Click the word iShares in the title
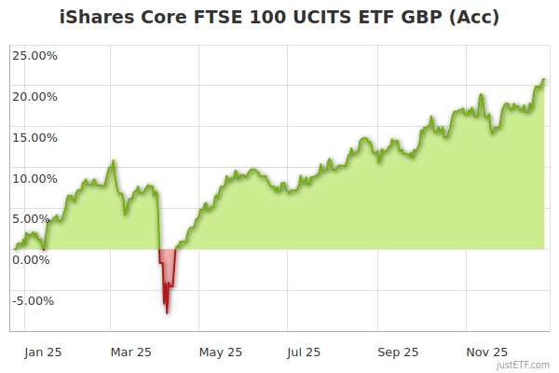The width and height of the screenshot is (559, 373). pos(98,18)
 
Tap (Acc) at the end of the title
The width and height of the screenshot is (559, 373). pos(475,18)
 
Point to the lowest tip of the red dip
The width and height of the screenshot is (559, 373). pos(167,313)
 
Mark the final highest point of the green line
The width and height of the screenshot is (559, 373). pos(543,80)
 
